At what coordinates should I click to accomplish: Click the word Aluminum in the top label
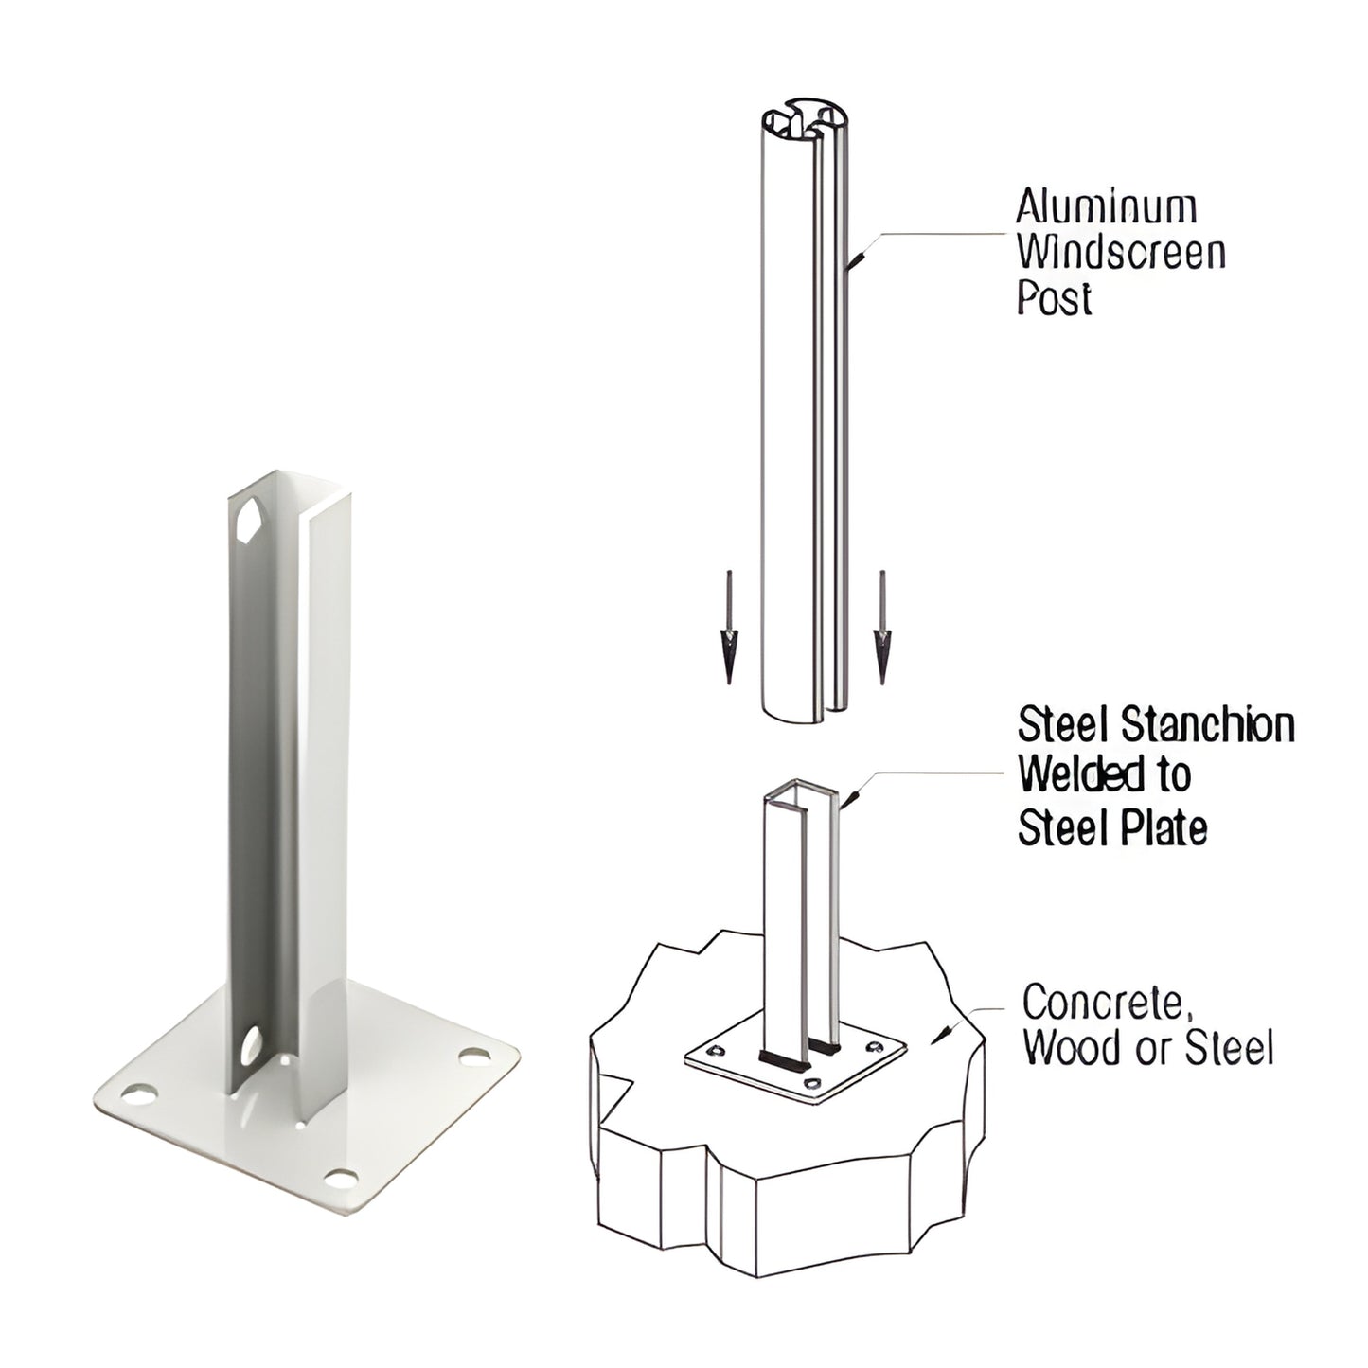[1106, 207]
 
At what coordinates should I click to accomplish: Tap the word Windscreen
[1121, 253]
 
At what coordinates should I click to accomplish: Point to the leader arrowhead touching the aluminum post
[853, 259]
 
